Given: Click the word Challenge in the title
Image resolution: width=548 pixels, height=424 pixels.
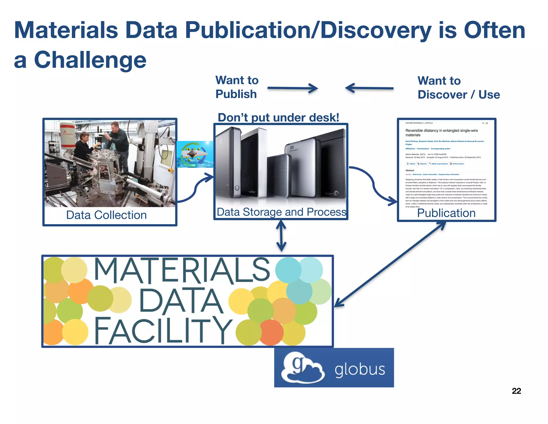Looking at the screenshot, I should [90, 60].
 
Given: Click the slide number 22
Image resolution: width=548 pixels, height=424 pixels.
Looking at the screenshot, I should [516, 391].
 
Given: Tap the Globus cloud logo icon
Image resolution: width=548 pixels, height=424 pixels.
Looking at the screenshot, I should [302, 367].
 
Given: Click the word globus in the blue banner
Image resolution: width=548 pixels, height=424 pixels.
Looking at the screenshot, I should [360, 369].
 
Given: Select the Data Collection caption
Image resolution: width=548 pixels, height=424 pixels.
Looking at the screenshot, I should [106, 215].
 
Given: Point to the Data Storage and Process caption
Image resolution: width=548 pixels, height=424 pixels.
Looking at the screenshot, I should [281, 212].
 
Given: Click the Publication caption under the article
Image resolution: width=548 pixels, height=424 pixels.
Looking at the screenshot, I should [446, 213].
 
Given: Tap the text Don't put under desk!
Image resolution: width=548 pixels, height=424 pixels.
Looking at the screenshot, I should [278, 117].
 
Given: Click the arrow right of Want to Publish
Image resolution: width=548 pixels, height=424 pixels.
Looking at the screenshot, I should [292, 88].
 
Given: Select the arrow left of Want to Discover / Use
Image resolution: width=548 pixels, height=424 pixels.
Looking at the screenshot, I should [369, 88].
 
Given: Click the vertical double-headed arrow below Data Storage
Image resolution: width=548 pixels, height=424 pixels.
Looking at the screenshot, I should [281, 236].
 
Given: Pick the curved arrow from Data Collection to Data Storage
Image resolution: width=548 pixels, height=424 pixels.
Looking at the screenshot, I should [195, 188].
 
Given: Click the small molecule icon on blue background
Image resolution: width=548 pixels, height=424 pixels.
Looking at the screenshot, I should [195, 154].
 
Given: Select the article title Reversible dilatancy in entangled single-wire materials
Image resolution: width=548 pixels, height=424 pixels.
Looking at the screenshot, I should [441, 133].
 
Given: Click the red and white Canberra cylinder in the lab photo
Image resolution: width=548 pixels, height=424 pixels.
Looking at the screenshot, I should [67, 135].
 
